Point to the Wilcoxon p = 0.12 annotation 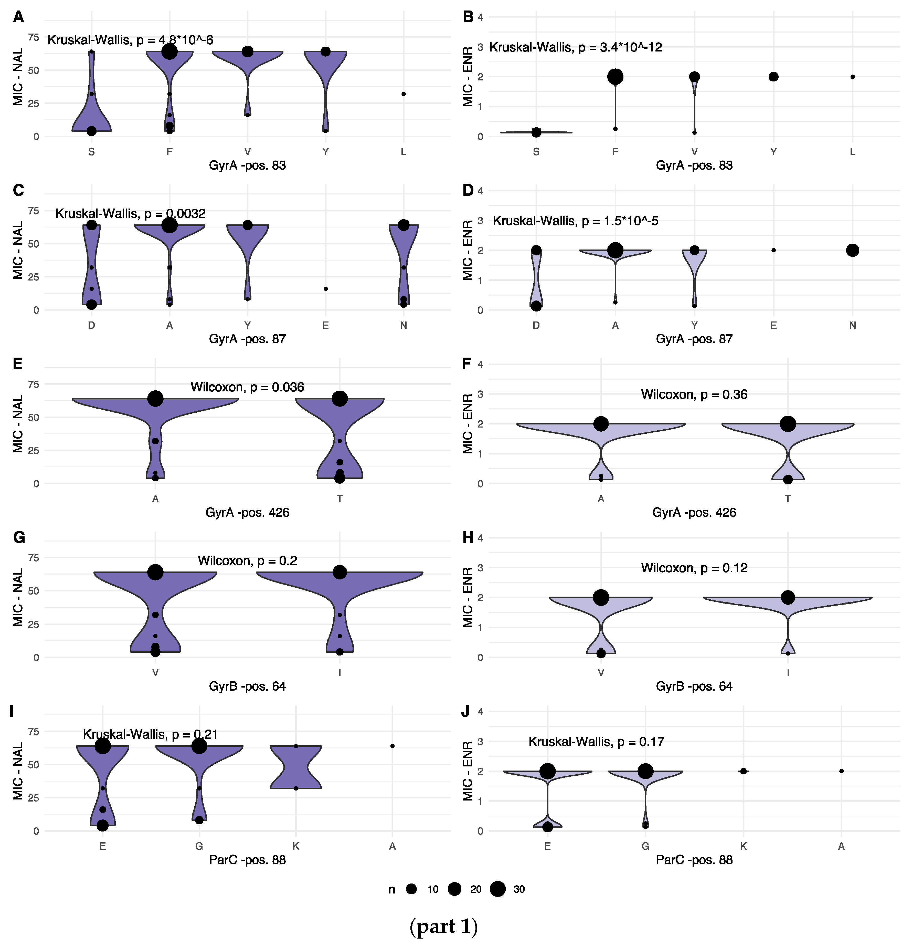coord(694,568)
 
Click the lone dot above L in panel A coord(404,94)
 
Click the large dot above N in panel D coord(852,250)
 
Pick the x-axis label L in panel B coord(852,152)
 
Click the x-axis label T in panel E coord(340,499)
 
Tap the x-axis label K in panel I coord(296,846)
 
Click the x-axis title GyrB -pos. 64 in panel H coord(694,686)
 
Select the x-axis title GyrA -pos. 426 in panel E coord(247,513)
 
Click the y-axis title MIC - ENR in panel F coord(467,424)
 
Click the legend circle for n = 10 coord(411,889)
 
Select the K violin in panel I coord(296,767)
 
